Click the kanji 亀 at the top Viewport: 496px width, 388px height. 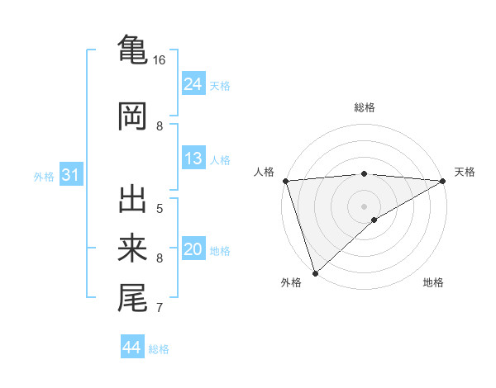[x=132, y=49]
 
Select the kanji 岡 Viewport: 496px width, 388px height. [x=132, y=116]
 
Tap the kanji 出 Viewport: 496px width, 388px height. [x=132, y=201]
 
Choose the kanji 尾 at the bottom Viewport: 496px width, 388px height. [x=132, y=297]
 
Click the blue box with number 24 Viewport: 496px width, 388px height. [x=193, y=83]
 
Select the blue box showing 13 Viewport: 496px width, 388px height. [x=193, y=159]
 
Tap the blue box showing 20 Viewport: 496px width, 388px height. [x=193, y=249]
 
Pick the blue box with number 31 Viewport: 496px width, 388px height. [x=70, y=175]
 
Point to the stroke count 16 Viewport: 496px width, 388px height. [x=159, y=60]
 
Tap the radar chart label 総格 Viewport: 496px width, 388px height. [x=365, y=107]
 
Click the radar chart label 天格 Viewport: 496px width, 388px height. [x=465, y=172]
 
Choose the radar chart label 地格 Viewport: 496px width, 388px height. [x=433, y=282]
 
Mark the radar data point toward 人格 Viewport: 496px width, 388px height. [x=285, y=181]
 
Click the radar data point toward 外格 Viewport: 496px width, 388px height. [x=315, y=272]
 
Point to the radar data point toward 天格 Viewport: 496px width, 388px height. [x=443, y=181]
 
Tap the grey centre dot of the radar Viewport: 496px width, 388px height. [x=365, y=206]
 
